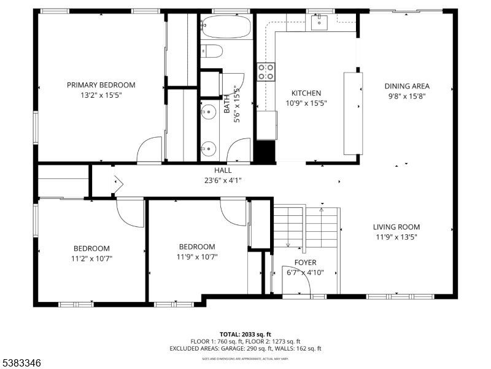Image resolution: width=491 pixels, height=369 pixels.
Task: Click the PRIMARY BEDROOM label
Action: (x=101, y=85)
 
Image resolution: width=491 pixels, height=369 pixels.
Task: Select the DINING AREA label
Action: (x=407, y=86)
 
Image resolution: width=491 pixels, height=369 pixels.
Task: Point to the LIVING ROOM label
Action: (x=398, y=227)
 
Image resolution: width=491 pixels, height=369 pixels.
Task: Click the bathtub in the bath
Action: (x=226, y=27)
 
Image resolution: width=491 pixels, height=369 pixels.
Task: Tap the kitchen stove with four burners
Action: (x=266, y=71)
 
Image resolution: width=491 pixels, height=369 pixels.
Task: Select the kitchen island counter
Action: (x=352, y=113)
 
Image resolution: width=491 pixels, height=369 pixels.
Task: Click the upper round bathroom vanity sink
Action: (x=209, y=113)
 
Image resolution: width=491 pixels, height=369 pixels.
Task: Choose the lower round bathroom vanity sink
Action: (x=209, y=148)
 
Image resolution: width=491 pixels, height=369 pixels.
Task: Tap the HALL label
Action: (x=223, y=170)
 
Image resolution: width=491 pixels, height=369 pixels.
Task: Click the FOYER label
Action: (x=305, y=263)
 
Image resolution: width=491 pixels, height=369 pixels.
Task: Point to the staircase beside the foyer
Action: (x=306, y=227)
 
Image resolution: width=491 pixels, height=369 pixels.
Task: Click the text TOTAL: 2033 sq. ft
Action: (x=245, y=334)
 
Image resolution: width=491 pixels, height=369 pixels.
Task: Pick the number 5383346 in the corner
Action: (x=21, y=363)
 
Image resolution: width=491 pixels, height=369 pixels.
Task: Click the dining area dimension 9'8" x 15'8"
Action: (x=407, y=96)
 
